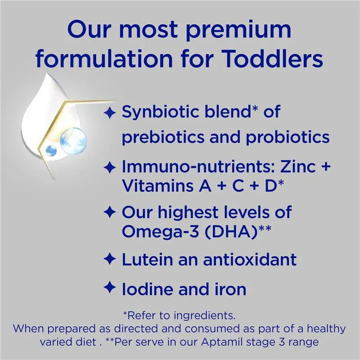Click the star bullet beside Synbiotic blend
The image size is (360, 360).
pyautogui.click(x=110, y=112)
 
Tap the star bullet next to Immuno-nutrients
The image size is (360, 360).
pyautogui.click(x=110, y=168)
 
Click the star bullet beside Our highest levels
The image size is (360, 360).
pyautogui.click(x=110, y=211)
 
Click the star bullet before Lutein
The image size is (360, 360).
pyautogui.click(x=110, y=259)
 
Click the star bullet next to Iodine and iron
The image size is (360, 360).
pyautogui.click(x=110, y=287)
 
